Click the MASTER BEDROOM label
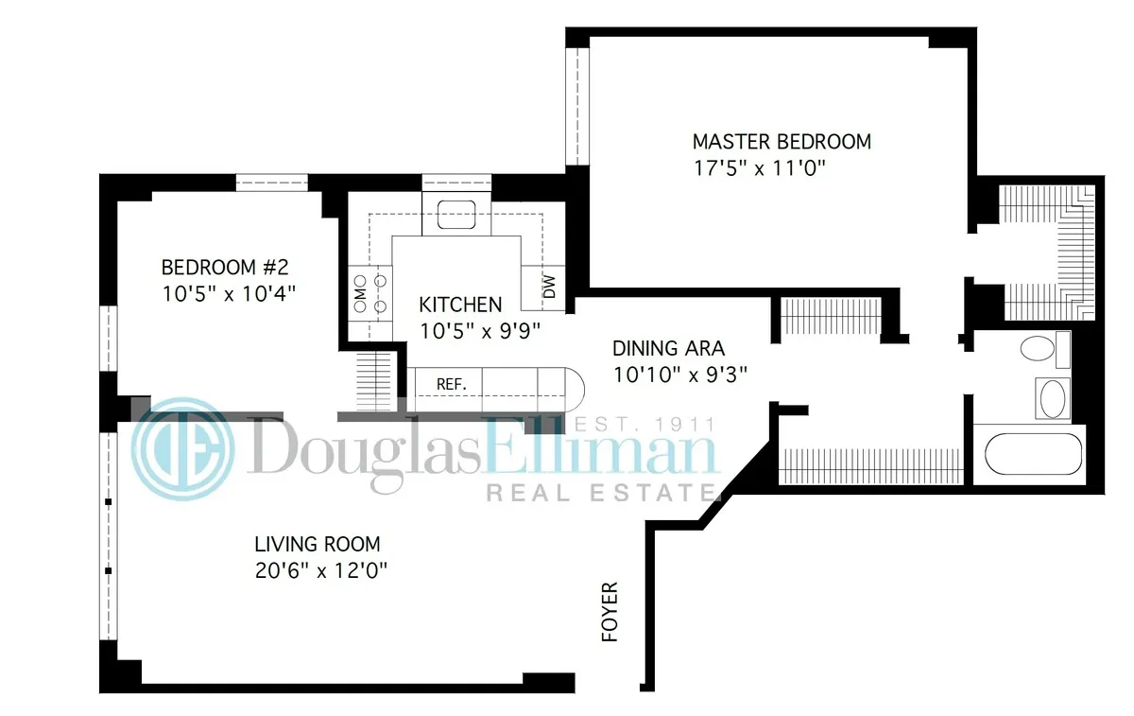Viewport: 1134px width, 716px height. click(782, 142)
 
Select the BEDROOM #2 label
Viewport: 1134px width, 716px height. click(222, 267)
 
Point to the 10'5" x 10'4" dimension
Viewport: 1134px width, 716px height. click(229, 293)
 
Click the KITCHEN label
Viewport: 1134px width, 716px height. click(460, 305)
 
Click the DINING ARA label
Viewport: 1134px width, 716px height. click(668, 347)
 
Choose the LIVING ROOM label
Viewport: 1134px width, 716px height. click(317, 545)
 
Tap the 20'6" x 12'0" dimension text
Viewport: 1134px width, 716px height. click(321, 571)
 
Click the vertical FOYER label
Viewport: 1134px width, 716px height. click(610, 612)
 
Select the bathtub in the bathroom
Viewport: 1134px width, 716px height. click(1032, 454)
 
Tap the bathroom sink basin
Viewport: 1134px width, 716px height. click(1051, 397)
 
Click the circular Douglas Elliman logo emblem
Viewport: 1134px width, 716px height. click(180, 447)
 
